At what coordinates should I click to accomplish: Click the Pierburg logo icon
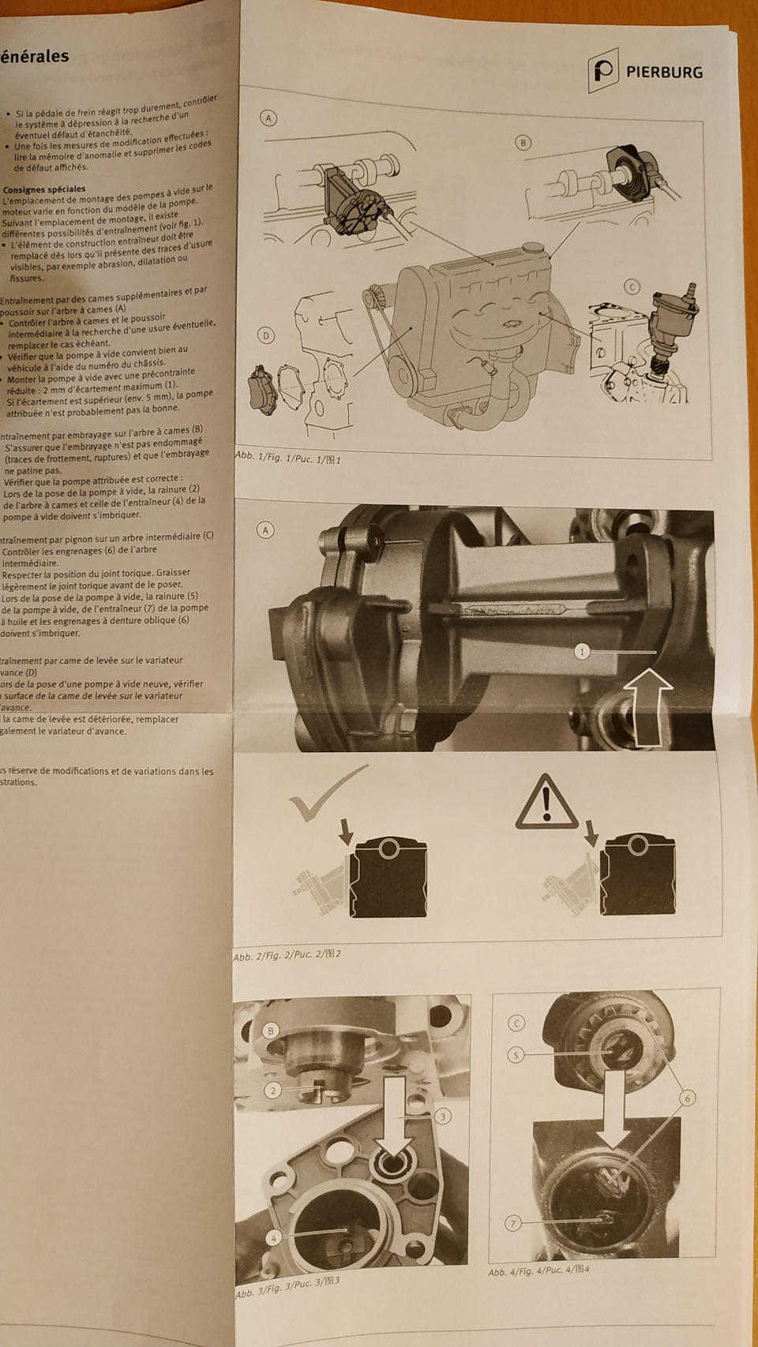point(603,72)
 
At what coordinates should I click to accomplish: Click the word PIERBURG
point(663,73)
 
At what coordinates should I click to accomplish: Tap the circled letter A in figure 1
point(268,118)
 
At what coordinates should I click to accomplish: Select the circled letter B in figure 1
point(522,143)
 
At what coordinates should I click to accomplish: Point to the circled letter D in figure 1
point(266,335)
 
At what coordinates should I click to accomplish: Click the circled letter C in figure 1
point(631,286)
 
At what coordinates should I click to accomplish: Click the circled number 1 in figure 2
point(582,651)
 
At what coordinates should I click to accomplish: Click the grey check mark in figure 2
point(324,793)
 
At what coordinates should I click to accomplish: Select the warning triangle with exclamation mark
point(546,803)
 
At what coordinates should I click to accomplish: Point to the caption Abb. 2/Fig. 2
point(287,956)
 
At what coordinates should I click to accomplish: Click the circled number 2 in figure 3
point(272,1091)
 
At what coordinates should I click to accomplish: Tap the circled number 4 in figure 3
point(273,1237)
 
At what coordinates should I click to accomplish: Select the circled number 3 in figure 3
point(442,1116)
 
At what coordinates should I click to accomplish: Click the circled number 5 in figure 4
point(516,1055)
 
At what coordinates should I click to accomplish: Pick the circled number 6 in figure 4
point(686,1098)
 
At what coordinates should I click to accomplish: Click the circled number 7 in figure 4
point(513,1223)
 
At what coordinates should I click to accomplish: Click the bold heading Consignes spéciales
point(44,189)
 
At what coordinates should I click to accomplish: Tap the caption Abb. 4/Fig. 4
point(538,1270)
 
